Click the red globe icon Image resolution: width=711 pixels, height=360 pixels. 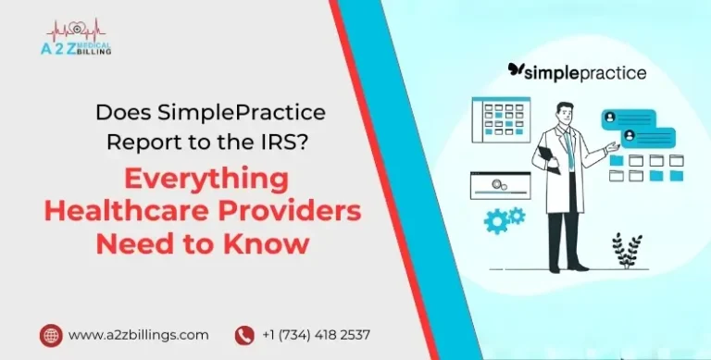pyautogui.click(x=51, y=334)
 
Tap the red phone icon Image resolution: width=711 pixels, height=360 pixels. pyautogui.click(x=244, y=334)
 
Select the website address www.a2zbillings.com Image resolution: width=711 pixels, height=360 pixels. pyautogui.click(x=138, y=334)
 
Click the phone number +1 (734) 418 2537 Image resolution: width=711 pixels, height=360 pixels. pyautogui.click(x=317, y=334)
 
